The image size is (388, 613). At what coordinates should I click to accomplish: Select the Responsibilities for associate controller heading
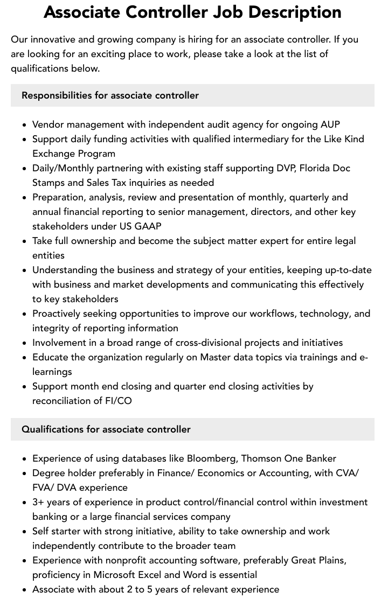point(110,95)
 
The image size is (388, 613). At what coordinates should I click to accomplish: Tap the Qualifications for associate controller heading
point(106,429)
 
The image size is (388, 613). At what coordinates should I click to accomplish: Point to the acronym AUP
point(330,124)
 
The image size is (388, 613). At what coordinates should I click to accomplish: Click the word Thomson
point(262,458)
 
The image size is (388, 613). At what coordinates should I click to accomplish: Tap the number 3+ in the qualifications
point(39,502)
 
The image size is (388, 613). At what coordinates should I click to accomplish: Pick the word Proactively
point(60,314)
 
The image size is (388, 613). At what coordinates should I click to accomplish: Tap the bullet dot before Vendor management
point(25,125)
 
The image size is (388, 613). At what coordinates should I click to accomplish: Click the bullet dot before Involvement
point(25,343)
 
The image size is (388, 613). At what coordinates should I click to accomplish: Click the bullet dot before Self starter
point(25,532)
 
